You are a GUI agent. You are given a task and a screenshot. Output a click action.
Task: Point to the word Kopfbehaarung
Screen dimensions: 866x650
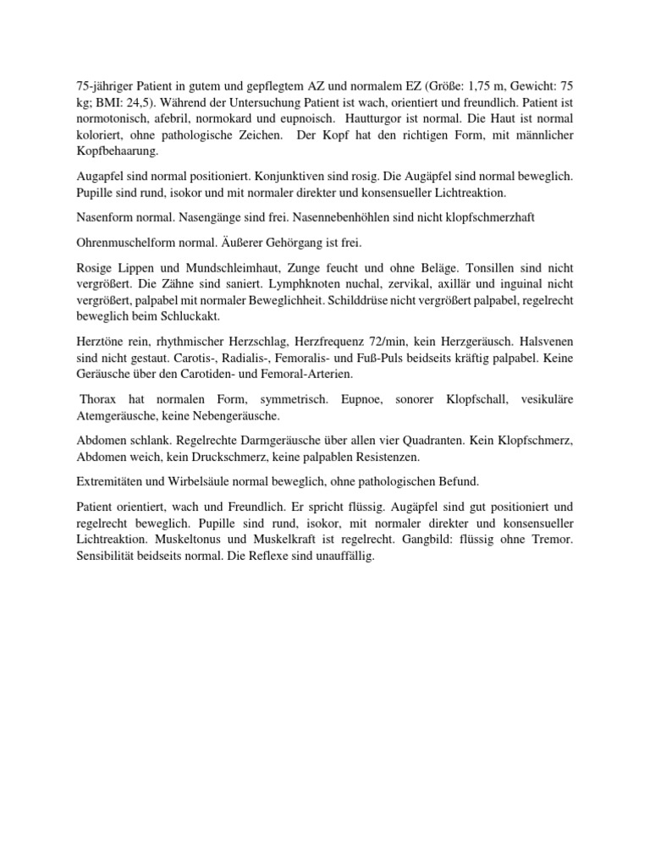tap(109, 152)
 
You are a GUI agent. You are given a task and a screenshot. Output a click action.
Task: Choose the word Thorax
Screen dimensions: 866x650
tap(102, 399)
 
